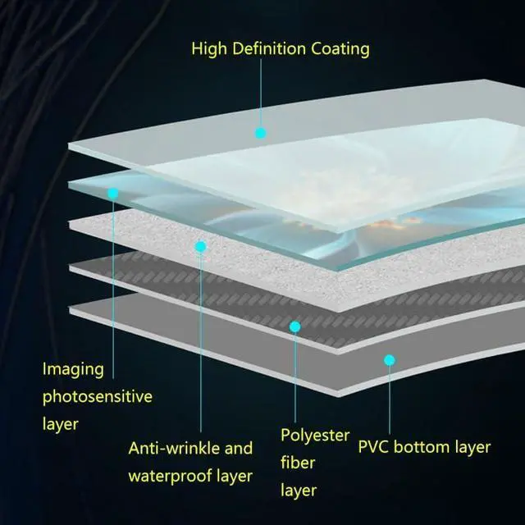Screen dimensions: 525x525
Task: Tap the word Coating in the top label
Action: click(339, 48)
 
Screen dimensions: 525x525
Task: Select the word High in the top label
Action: click(208, 48)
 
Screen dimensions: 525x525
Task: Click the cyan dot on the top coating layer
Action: click(261, 132)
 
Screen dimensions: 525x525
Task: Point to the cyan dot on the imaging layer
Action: click(112, 194)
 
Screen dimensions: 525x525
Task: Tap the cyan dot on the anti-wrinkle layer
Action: click(200, 245)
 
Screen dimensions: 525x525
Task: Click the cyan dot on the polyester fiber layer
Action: click(295, 326)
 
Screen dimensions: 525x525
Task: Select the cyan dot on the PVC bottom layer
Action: click(390, 359)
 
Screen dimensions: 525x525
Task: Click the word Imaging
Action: click(74, 370)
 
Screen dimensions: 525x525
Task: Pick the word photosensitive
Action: click(98, 397)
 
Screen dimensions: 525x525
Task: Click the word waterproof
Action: click(170, 476)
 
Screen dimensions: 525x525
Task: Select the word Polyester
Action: click(315, 435)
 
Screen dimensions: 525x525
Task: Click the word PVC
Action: click(374, 448)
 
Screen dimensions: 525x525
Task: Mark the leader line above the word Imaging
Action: click(112, 279)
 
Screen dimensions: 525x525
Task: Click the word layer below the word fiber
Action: click(299, 491)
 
